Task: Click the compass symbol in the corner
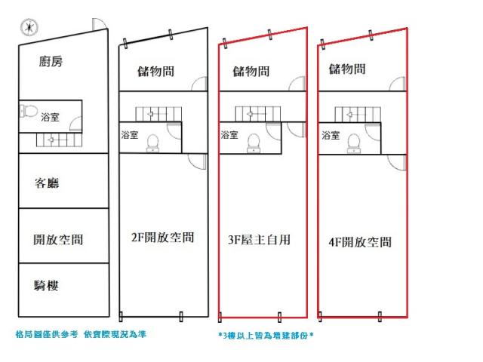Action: pos(29,27)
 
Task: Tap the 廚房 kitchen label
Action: pos(51,61)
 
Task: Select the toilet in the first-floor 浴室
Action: pos(28,111)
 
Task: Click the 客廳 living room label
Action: pos(47,183)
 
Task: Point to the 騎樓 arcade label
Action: pos(46,286)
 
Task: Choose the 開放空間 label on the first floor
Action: pos(58,240)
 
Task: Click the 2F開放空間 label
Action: pos(163,238)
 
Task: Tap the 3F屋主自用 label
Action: pos(260,240)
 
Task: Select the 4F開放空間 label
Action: pos(360,242)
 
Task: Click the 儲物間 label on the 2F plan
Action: pos(156,72)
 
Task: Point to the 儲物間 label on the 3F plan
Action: pos(251,72)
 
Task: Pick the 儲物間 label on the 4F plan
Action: pos(347,69)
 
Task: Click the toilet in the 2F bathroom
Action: pos(152,143)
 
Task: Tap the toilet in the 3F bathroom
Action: pos(254,143)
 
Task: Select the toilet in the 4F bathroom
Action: pos(354,143)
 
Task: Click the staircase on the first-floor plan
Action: pos(59,140)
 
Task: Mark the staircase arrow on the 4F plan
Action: pos(349,115)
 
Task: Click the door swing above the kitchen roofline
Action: pos(99,24)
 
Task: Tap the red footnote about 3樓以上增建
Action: pos(266,335)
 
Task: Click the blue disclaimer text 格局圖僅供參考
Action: pos(47,334)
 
